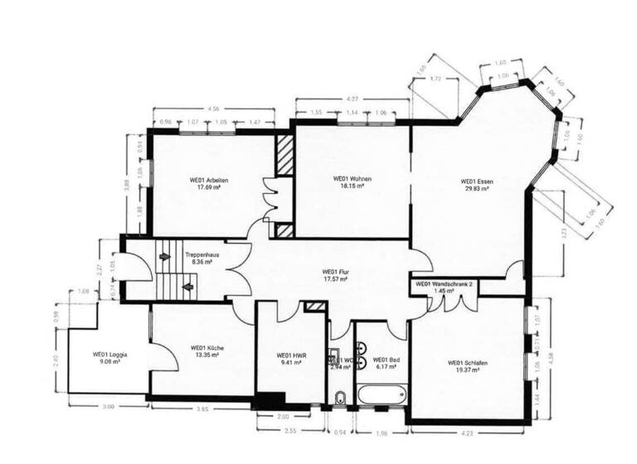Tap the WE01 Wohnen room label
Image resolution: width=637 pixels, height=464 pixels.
click(x=352, y=178)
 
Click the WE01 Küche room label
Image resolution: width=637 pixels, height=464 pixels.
click(x=207, y=348)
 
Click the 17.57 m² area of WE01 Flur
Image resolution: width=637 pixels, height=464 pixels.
click(x=334, y=279)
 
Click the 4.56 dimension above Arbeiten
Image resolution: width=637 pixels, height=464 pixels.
click(x=213, y=109)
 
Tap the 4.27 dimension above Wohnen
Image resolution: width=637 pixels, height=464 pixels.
click(x=352, y=100)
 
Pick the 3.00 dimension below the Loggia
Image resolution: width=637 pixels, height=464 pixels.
click(x=107, y=406)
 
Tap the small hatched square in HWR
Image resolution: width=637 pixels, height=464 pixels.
click(x=314, y=307)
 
